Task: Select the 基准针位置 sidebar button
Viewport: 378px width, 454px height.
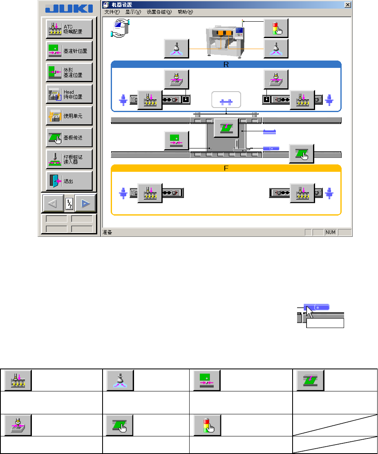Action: pyautogui.click(x=69, y=51)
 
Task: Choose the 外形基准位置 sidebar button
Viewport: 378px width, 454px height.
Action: pyautogui.click(x=69, y=73)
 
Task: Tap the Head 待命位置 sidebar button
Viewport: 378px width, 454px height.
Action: pyautogui.click(x=69, y=94)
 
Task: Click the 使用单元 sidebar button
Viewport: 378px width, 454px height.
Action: pyautogui.click(x=69, y=116)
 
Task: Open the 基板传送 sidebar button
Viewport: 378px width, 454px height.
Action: pyautogui.click(x=69, y=138)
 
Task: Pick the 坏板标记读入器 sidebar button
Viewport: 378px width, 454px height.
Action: pyautogui.click(x=69, y=160)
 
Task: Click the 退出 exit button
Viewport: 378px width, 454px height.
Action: pyautogui.click(x=69, y=181)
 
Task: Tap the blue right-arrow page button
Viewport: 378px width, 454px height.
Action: pyautogui.click(x=85, y=202)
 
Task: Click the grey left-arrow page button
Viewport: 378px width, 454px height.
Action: pyautogui.click(x=53, y=202)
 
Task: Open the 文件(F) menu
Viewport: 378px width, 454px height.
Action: pyautogui.click(x=111, y=12)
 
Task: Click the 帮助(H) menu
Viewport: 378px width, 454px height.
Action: pyautogui.click(x=185, y=12)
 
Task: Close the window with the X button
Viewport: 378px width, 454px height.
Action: pyautogui.click(x=348, y=5)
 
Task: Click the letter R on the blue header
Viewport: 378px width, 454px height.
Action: pyautogui.click(x=226, y=64)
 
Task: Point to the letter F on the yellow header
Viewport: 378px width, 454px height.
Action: pyautogui.click(x=226, y=168)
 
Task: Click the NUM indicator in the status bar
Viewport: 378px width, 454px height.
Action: pyautogui.click(x=331, y=232)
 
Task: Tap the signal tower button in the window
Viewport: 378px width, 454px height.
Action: pyautogui.click(x=276, y=28)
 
